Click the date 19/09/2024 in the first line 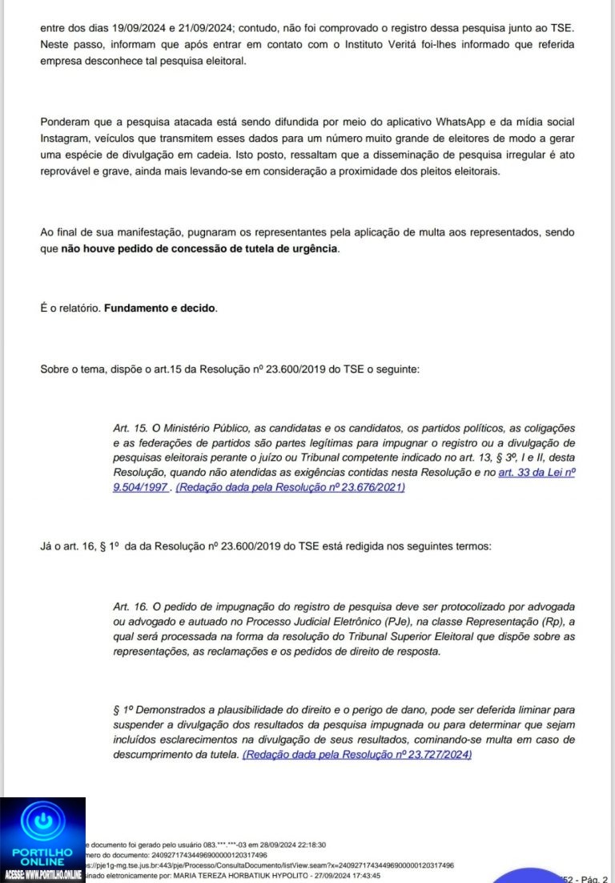(x=127, y=27)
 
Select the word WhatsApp (x=461, y=121)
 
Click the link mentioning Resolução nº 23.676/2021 (x=291, y=487)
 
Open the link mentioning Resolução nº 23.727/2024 (x=357, y=755)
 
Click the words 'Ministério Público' (x=189, y=429)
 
